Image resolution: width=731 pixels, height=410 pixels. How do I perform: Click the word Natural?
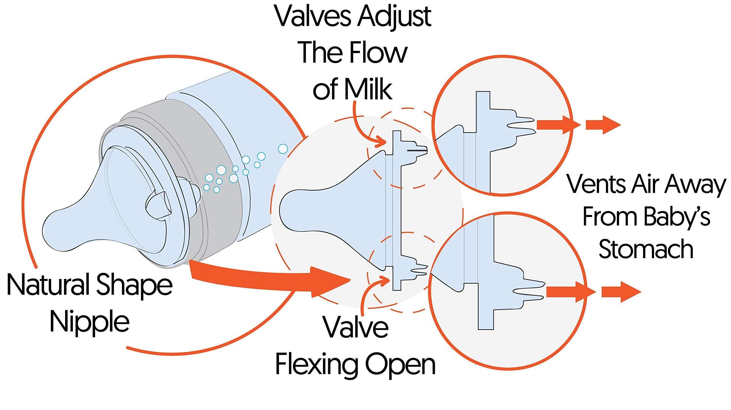point(49,284)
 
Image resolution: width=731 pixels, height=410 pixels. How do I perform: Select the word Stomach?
point(646,249)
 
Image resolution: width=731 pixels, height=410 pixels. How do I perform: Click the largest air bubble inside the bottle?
point(283,149)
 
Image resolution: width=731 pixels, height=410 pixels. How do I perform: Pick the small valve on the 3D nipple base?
point(157,204)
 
